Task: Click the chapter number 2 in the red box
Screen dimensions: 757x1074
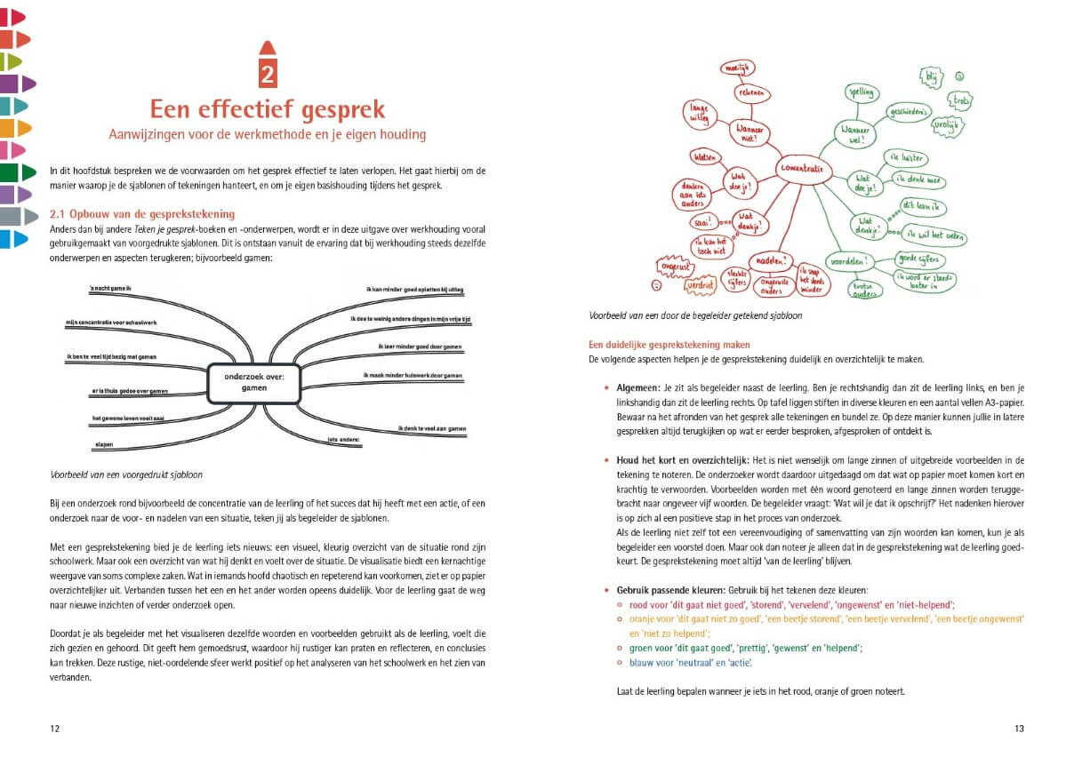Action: pyautogui.click(x=268, y=74)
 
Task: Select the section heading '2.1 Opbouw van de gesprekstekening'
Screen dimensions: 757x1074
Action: pyautogui.click(x=142, y=214)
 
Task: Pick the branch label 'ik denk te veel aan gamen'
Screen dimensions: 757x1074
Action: pyautogui.click(x=431, y=428)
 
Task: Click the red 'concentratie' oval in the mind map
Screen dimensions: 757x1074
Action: pyautogui.click(x=803, y=169)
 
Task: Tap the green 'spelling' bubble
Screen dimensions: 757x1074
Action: pyautogui.click(x=861, y=92)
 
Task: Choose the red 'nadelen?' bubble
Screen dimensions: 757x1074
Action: pyautogui.click(x=770, y=261)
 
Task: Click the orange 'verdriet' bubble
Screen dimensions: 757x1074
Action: pyautogui.click(x=700, y=285)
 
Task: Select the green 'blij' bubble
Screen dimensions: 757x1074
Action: pyautogui.click(x=932, y=76)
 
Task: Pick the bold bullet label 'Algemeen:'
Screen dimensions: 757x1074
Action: pyautogui.click(x=637, y=387)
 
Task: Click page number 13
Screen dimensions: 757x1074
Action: pyautogui.click(x=1019, y=729)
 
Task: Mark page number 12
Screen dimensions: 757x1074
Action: pyautogui.click(x=55, y=729)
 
